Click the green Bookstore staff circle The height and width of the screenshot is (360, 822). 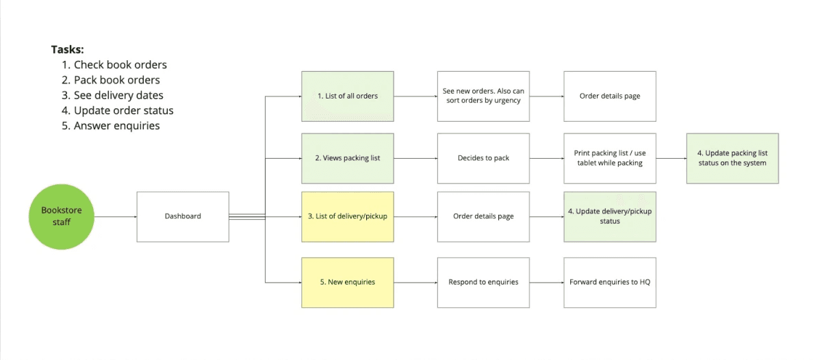click(60, 216)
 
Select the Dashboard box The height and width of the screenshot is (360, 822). click(183, 216)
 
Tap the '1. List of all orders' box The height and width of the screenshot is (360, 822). click(348, 96)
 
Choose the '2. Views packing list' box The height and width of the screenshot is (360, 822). click(348, 158)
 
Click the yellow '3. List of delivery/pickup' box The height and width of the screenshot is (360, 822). click(348, 216)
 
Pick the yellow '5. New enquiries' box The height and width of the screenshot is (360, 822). click(348, 282)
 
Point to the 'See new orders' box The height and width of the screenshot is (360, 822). click(483, 96)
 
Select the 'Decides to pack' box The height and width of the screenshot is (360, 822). click(483, 158)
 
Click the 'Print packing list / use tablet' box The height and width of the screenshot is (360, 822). click(610, 158)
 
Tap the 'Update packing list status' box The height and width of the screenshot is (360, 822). click(732, 158)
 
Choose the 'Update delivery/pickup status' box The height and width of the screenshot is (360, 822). click(610, 216)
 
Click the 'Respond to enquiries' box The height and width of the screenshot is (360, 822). click(483, 282)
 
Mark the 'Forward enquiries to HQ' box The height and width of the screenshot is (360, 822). click(610, 282)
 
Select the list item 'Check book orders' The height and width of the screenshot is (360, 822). click(120, 65)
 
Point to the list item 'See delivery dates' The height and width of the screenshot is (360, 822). click(118, 95)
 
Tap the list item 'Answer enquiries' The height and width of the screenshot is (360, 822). click(116, 125)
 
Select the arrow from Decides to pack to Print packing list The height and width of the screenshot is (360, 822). click(546, 159)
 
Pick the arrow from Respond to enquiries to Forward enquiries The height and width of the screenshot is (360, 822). click(546, 282)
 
